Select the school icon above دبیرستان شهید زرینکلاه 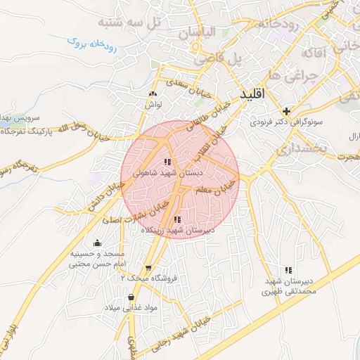pos(176,219)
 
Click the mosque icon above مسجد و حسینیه pos(97,243)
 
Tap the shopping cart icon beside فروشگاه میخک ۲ pos(148,269)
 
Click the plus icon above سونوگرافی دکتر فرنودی pos(286,111)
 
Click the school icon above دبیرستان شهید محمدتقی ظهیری pos(288,270)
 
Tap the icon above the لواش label pos(153,94)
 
